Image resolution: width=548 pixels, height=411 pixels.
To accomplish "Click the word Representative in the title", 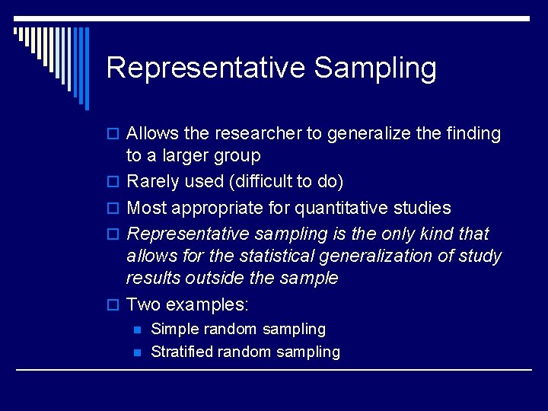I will (205, 68).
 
